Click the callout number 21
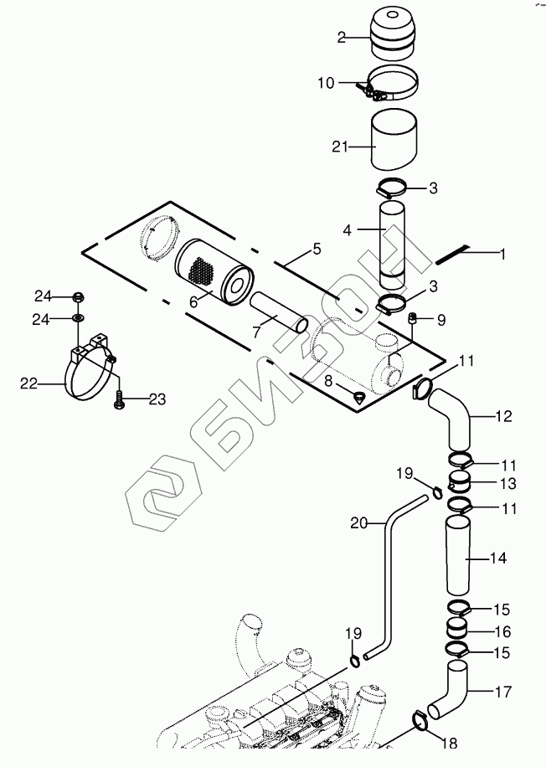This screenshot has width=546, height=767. (339, 147)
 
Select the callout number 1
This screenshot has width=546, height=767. (502, 253)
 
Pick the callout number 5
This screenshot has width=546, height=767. (317, 248)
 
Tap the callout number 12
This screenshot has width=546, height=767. (502, 416)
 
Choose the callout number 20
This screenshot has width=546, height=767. (358, 523)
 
